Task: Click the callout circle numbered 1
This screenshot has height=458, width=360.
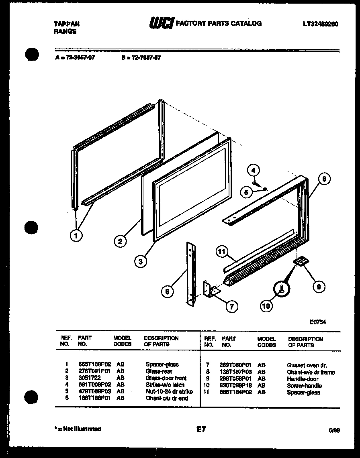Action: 76,235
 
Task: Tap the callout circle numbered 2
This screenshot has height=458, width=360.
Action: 119,241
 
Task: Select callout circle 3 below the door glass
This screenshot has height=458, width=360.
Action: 140,262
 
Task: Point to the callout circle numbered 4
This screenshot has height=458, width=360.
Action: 253,170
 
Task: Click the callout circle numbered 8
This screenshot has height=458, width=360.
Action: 325,178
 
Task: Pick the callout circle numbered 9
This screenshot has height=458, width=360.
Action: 319,287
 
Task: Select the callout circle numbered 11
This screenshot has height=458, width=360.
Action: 221,252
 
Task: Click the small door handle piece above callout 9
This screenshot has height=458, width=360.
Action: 301,261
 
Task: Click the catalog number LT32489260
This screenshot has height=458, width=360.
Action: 321,24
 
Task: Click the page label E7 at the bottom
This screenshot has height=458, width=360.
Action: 201,430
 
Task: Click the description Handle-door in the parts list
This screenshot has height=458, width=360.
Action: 302,379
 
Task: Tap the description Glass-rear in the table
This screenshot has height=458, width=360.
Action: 159,372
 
